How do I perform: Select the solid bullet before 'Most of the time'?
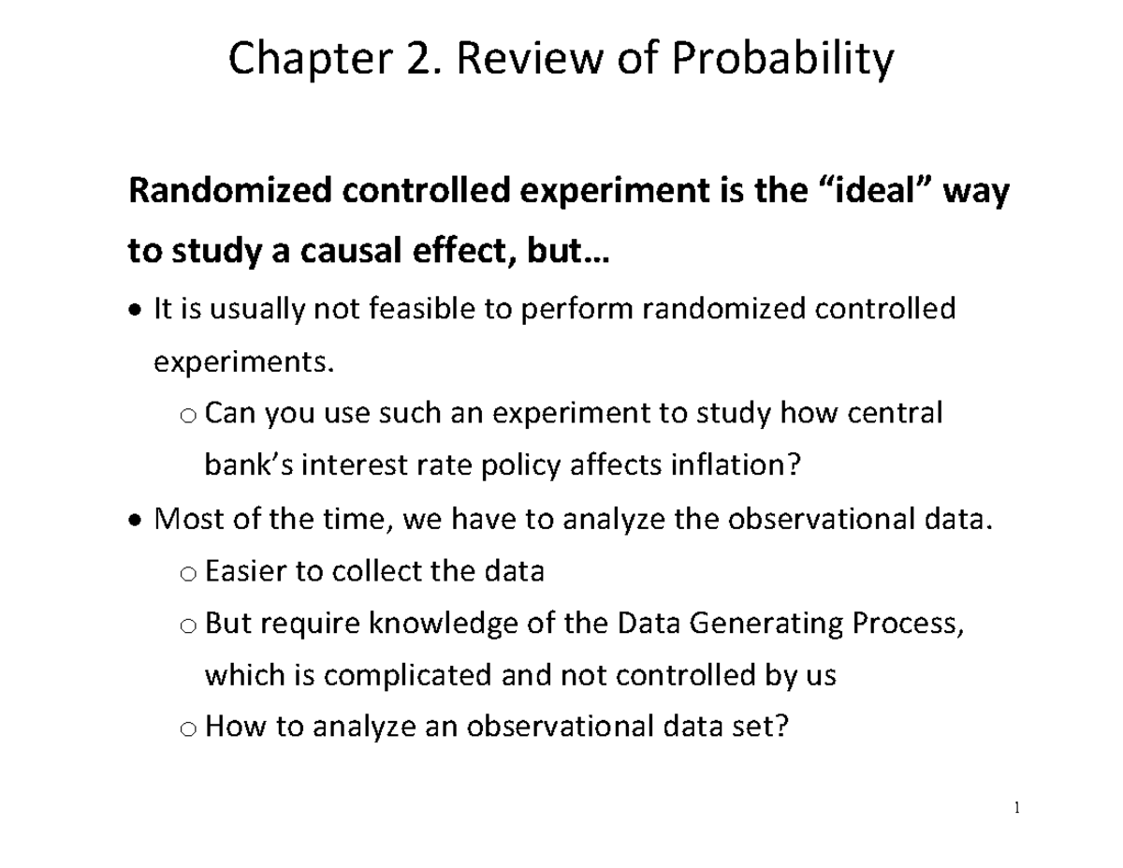pos(137,519)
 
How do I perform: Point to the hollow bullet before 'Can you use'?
pos(187,415)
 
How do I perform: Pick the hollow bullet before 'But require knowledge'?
pos(187,625)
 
